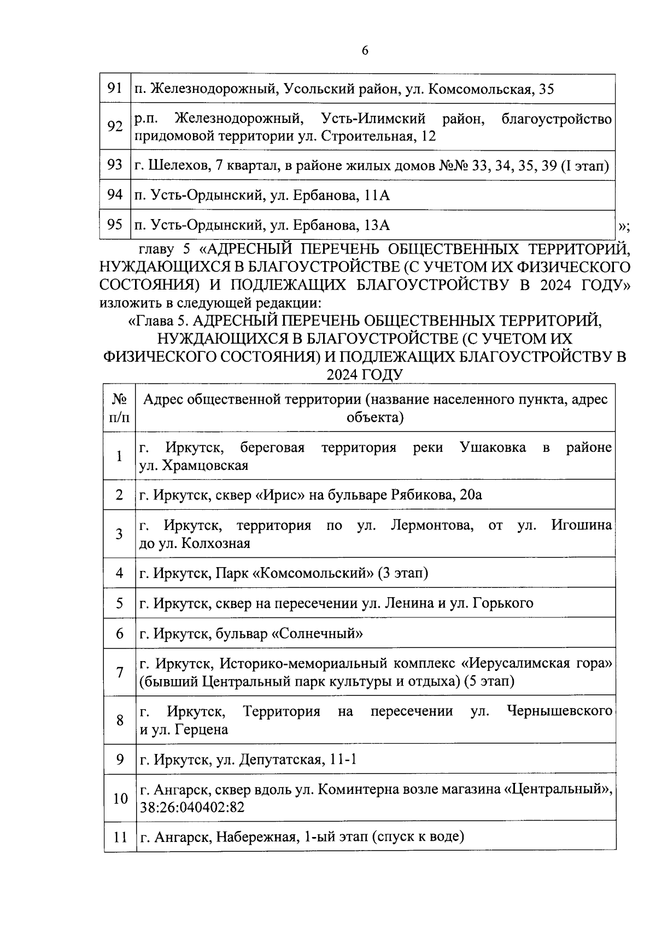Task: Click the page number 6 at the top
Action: tap(365, 51)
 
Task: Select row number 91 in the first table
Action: tap(114, 89)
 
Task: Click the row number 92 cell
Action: tap(114, 127)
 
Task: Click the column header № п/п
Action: tap(120, 408)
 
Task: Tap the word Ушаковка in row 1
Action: tap(493, 447)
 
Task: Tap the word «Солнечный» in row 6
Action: tap(318, 634)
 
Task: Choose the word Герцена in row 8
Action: tap(202, 729)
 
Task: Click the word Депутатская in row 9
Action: tap(282, 759)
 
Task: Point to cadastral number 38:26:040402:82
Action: tap(192, 807)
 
